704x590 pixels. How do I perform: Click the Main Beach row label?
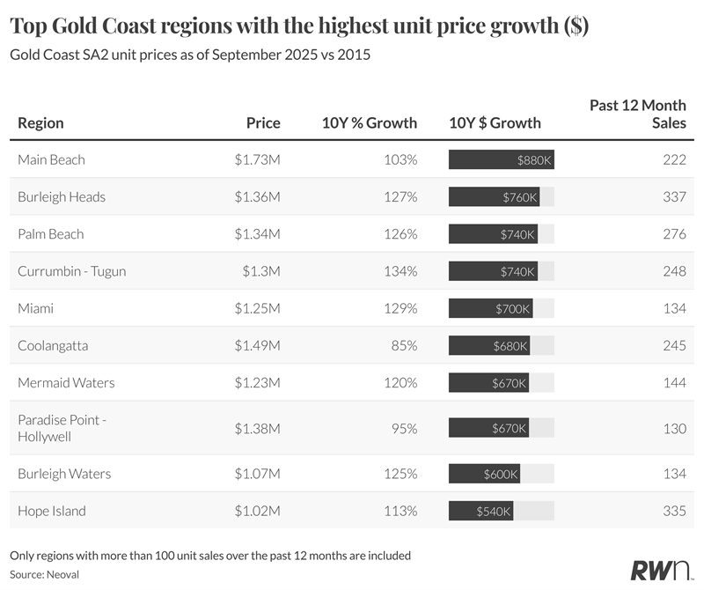(x=51, y=159)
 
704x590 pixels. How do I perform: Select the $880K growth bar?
(x=501, y=160)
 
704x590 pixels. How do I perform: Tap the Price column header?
(x=263, y=123)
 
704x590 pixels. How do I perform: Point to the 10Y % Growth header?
(x=370, y=123)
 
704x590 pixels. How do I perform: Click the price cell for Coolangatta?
(x=257, y=346)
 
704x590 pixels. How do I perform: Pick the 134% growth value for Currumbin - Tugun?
(x=400, y=271)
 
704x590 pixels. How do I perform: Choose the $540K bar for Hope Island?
(x=480, y=511)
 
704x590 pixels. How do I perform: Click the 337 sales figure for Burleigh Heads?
(x=674, y=197)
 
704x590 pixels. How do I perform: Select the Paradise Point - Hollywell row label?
(x=62, y=428)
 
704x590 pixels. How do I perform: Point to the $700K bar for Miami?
(x=490, y=309)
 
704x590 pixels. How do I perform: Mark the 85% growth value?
(x=404, y=346)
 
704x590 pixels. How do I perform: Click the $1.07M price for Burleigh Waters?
(x=257, y=474)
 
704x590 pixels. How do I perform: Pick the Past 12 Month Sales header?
(x=637, y=114)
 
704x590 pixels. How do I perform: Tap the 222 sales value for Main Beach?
(x=674, y=159)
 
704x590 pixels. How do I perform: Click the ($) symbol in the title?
(x=576, y=27)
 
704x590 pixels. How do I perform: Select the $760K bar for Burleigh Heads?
(x=494, y=197)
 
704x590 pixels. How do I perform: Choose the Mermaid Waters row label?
(x=66, y=383)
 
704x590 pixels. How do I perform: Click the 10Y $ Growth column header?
(x=495, y=123)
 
